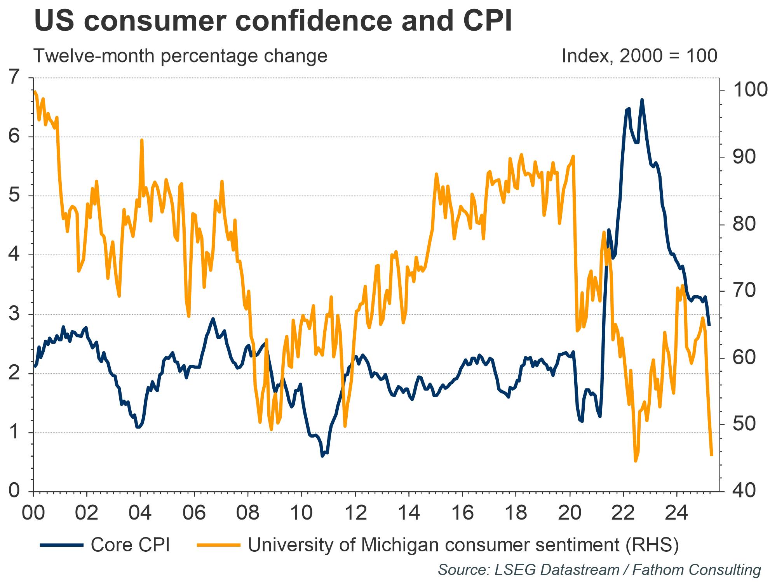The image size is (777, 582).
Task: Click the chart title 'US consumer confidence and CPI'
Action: [x=273, y=21]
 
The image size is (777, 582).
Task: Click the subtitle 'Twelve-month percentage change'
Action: [x=181, y=56]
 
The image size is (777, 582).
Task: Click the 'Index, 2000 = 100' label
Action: [x=639, y=56]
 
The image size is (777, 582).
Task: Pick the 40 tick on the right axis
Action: [x=744, y=491]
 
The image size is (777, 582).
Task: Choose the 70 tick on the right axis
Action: [x=744, y=291]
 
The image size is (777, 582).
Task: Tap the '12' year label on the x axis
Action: [x=355, y=513]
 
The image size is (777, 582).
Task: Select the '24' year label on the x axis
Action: [x=677, y=513]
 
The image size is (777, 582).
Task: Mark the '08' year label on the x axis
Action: [x=248, y=513]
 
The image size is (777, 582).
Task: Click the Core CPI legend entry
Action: [x=105, y=545]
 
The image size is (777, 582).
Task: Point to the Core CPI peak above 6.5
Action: [x=642, y=100]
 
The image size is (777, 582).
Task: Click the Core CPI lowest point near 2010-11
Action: [x=322, y=456]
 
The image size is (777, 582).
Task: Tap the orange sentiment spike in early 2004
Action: [x=142, y=140]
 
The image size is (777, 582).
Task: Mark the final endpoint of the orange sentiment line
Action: [x=712, y=455]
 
